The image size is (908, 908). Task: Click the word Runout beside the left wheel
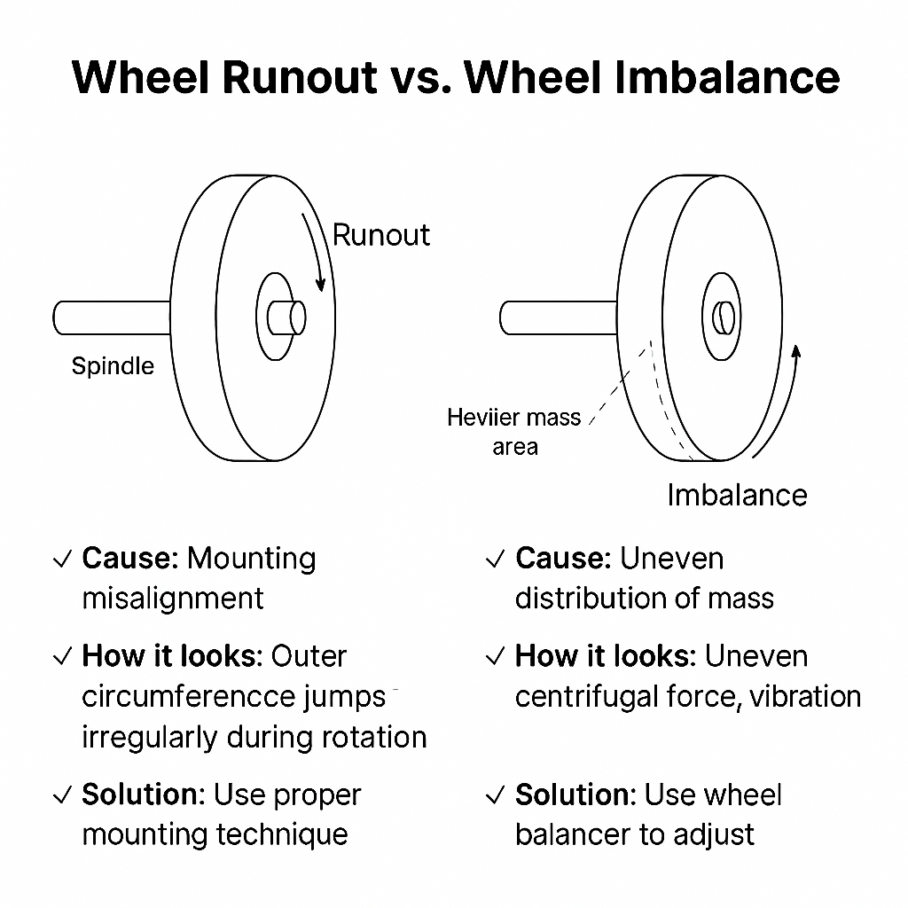pos(380,235)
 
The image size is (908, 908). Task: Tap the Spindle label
pos(113,366)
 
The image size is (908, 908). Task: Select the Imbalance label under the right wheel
pos(737,495)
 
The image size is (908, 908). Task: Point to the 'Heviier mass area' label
pos(514,431)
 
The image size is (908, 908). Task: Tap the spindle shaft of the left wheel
pos(112,317)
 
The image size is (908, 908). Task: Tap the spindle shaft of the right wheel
pos(559,317)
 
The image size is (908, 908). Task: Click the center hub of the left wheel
pos(286,317)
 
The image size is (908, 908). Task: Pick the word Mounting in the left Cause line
pos(252,560)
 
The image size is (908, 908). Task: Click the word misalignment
pos(173,599)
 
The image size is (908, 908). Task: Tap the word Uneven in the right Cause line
pos(671,560)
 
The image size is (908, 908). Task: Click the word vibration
pos(805,697)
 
